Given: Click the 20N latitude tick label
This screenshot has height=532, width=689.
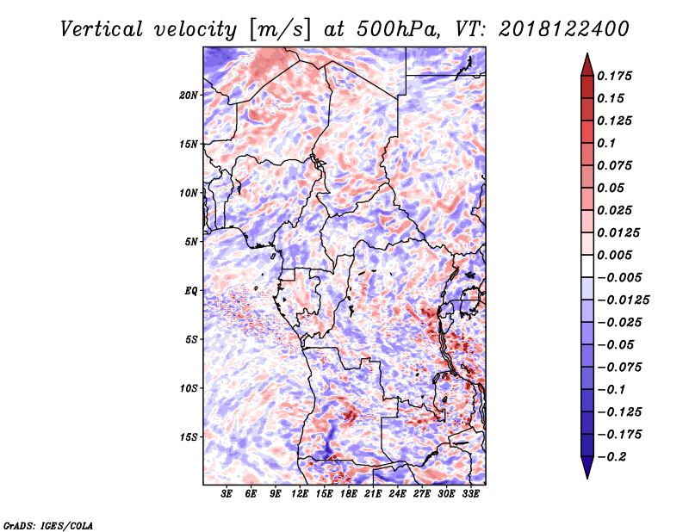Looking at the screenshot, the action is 189,96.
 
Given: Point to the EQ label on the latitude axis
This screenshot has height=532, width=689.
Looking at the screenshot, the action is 190,291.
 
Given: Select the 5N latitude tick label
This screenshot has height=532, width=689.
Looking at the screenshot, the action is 191,242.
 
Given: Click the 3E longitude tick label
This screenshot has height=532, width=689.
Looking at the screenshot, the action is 227,494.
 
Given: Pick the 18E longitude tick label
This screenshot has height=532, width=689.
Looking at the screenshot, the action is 348,494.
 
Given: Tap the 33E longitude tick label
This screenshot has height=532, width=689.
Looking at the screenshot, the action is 470,494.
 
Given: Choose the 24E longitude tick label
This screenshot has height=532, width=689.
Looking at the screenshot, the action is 397,494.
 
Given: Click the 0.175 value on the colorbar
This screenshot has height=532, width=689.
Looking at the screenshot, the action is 614,76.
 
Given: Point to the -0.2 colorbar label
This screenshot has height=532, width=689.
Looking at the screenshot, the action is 611,457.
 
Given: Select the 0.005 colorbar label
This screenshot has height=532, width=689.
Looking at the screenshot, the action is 614,255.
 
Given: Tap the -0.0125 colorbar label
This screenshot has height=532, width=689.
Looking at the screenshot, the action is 623,300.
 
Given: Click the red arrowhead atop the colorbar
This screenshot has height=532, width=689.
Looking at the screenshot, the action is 587,65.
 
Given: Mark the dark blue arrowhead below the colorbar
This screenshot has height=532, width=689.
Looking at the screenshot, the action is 587,467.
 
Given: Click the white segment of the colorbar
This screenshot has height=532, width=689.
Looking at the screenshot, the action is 587,266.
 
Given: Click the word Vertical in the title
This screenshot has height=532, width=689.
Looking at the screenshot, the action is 102,29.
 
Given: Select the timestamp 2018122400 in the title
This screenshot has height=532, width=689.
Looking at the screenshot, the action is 564,29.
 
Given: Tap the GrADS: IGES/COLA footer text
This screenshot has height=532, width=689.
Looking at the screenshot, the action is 48,526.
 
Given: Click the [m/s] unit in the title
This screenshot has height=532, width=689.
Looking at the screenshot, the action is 281,30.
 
